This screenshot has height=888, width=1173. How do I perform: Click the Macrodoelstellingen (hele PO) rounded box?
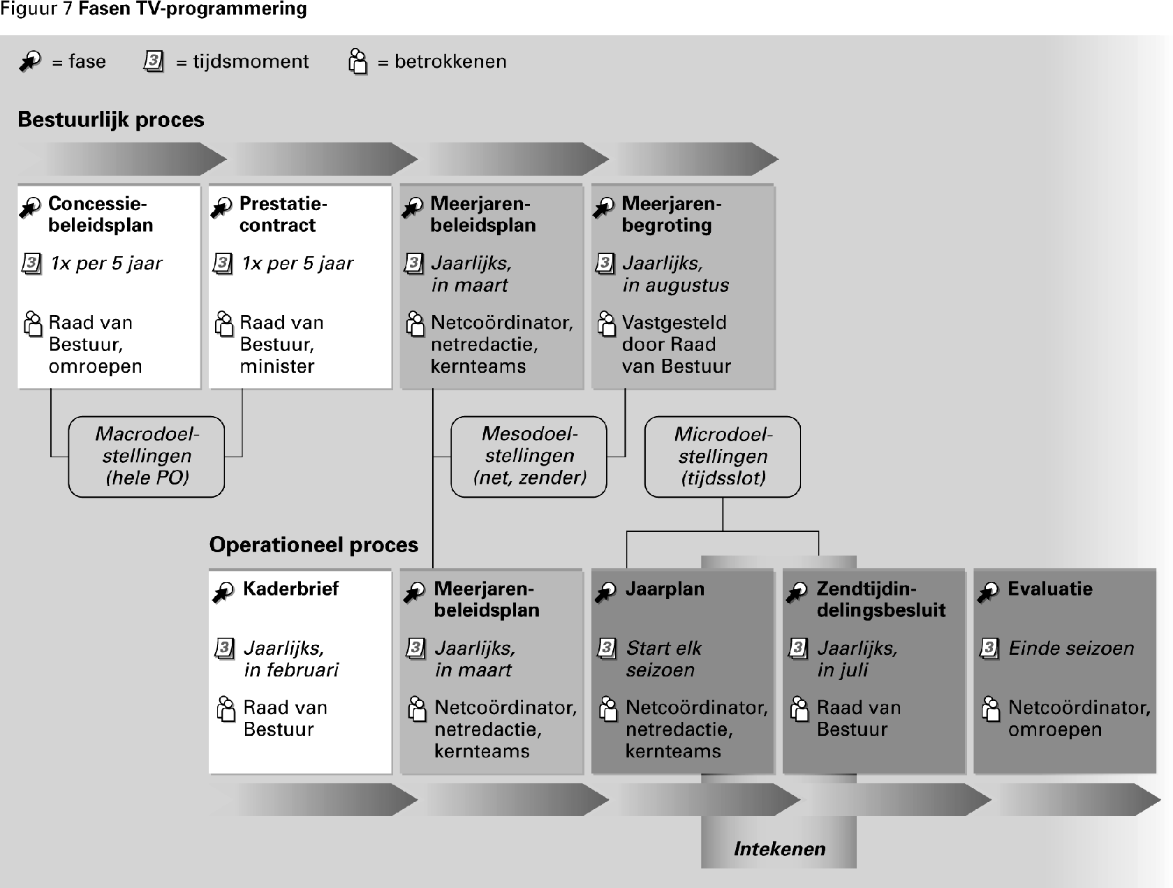[x=147, y=457]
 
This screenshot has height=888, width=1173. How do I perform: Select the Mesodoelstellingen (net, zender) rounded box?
[x=529, y=457]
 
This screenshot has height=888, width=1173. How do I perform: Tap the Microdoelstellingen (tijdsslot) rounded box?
[x=723, y=457]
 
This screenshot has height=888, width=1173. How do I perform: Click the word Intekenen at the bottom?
[x=779, y=849]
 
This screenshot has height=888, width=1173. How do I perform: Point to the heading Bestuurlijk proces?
[x=111, y=120]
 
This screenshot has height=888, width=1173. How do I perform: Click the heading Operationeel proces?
[x=313, y=545]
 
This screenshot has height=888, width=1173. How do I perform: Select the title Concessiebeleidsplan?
[x=101, y=214]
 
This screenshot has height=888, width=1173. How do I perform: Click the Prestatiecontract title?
[x=283, y=214]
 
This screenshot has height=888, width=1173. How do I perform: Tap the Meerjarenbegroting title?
[x=671, y=214]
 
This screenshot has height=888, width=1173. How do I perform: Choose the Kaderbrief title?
[x=290, y=589]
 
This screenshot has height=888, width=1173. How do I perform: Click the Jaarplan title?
[x=665, y=589]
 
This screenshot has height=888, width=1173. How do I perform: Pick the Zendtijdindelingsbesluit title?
[x=880, y=600]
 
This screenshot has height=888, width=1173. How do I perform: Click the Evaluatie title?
[x=1049, y=589]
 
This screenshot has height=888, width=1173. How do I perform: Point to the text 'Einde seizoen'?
[x=1071, y=649]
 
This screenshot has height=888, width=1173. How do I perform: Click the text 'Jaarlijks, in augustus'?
[x=675, y=274]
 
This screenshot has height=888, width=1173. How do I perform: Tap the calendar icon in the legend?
[x=154, y=61]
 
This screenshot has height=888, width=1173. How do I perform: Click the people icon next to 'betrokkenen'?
[x=357, y=61]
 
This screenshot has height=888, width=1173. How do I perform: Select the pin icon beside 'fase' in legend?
[x=30, y=61]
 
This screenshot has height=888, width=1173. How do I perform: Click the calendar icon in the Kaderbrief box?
[x=224, y=649]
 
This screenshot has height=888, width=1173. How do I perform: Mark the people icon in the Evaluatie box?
[x=990, y=709]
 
